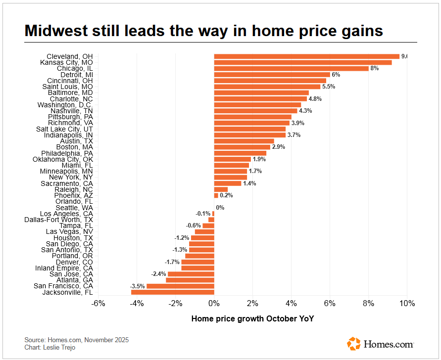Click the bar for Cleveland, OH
click(306, 56)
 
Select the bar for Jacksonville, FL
click(172, 292)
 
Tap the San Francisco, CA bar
click(180, 286)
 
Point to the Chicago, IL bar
click(291, 68)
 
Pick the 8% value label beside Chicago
click(374, 68)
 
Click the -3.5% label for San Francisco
click(137, 286)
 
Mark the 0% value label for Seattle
click(220, 208)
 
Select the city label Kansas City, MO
click(66, 62)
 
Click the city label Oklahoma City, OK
click(62, 159)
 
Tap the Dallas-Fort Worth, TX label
click(58, 220)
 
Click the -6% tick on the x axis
click(98, 303)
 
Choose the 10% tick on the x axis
click(407, 303)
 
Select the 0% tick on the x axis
click(214, 303)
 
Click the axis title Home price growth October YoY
click(252, 318)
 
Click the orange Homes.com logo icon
click(354, 344)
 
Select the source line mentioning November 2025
click(76, 340)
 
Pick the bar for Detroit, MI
click(272, 75)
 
